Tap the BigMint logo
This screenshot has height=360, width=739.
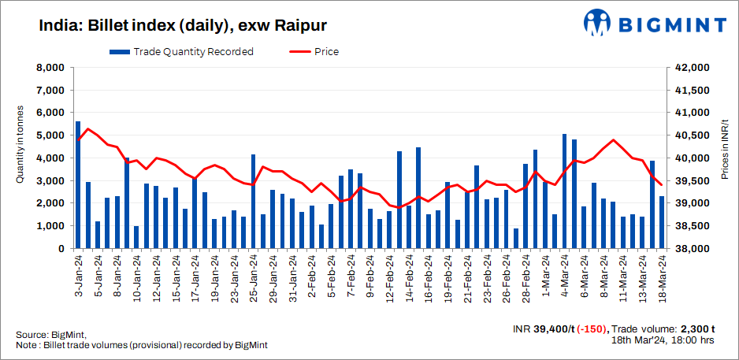coord(655,24)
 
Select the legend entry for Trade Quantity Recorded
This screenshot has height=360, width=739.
coord(181,52)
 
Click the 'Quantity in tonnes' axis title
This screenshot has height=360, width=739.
coord(20,145)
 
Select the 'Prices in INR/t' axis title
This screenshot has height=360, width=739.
coord(725,145)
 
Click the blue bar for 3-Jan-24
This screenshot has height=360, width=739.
coord(78,185)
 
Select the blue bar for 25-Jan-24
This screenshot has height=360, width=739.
coord(253,202)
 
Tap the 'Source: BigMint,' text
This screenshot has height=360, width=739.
coord(50,335)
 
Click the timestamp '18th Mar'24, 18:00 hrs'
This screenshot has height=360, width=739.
coord(663,341)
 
